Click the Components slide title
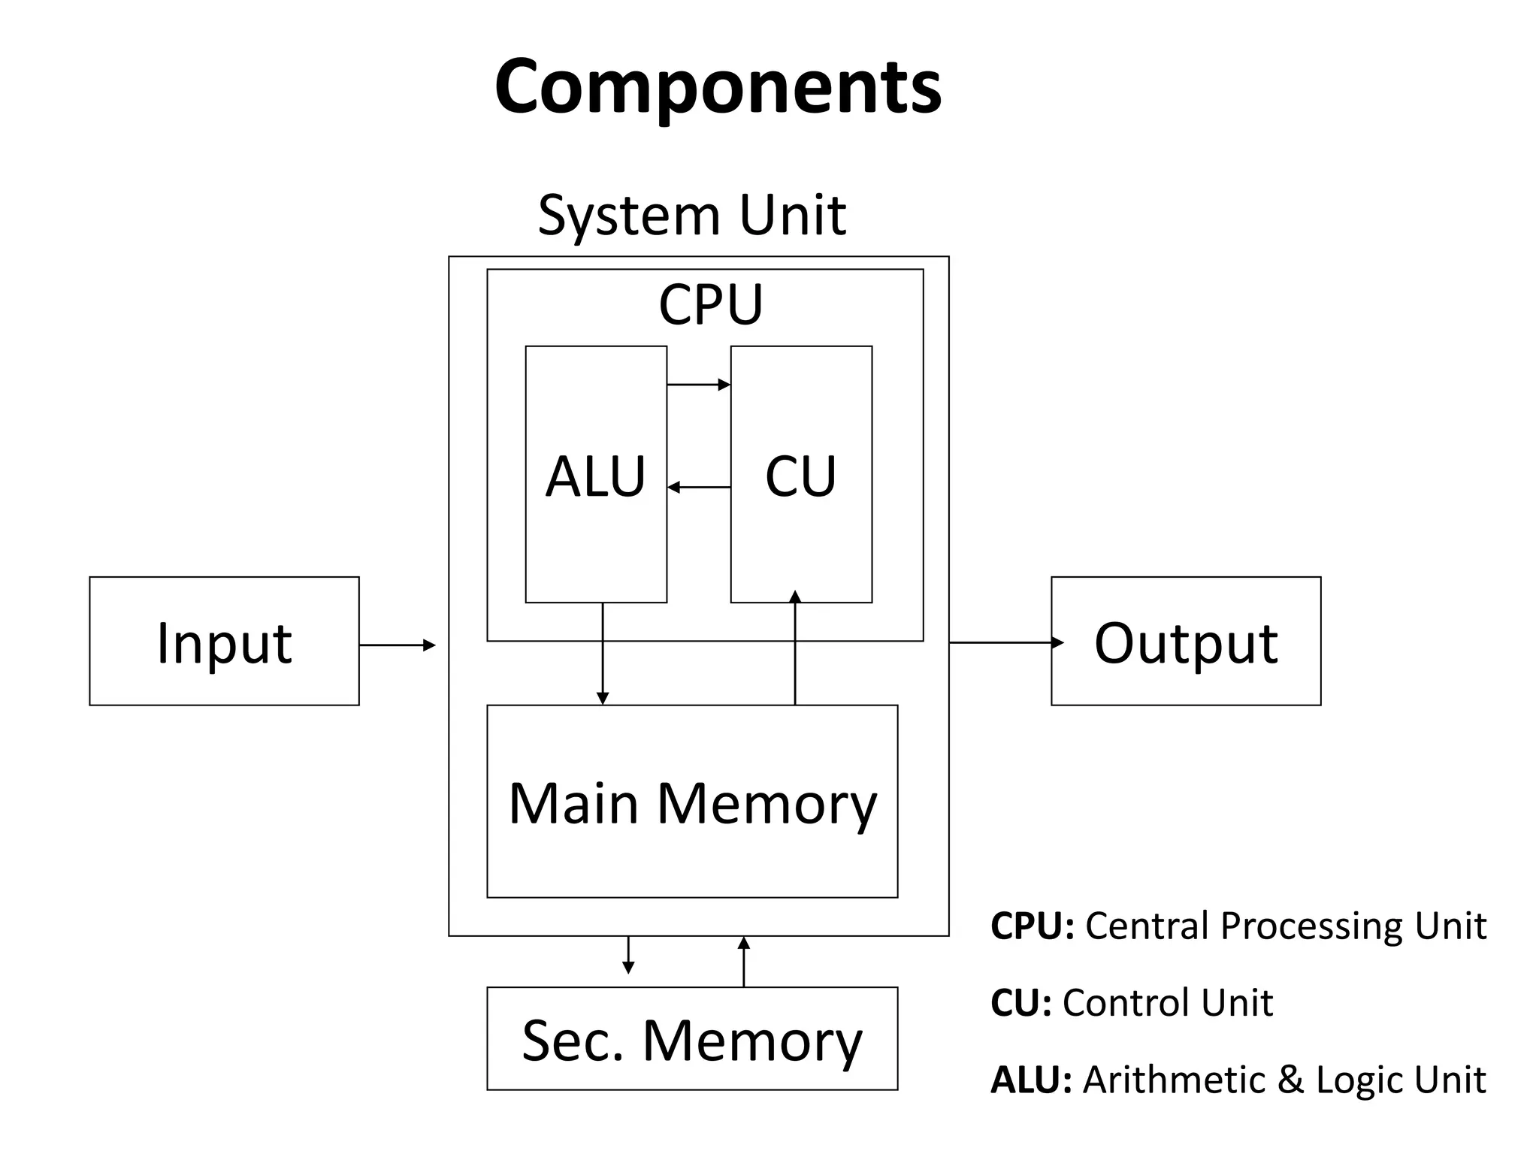point(718,86)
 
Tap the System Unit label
point(691,216)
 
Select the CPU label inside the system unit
point(710,304)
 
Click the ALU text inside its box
point(595,476)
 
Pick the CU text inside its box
point(800,476)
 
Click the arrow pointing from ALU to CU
point(698,385)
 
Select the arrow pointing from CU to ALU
point(698,488)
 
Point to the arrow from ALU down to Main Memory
point(602,654)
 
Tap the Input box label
point(224,643)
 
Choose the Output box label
point(1185,643)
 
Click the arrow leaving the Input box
point(397,645)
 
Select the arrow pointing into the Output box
point(1007,642)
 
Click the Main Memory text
point(692,803)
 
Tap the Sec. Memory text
point(692,1041)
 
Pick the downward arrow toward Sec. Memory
point(628,955)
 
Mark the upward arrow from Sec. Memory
point(744,962)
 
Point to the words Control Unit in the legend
point(1168,1002)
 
